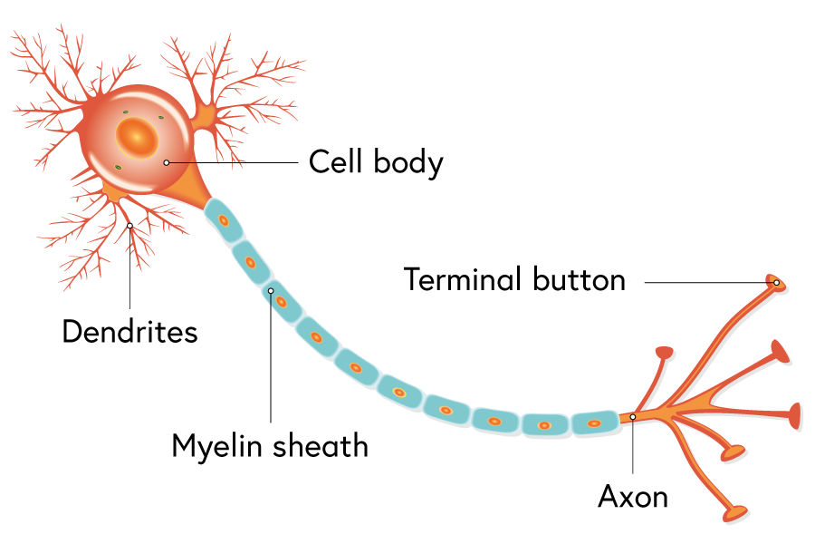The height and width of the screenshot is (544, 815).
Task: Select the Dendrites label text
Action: pos(129,331)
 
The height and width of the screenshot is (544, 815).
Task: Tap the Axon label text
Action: pos(633,497)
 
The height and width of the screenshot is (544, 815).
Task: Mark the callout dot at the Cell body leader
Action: pos(167,162)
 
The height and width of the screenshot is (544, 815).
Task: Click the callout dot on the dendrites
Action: pos(130,226)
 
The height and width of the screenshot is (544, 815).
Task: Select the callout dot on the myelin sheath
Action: pos(271,291)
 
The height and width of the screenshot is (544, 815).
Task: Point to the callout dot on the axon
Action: pos(633,417)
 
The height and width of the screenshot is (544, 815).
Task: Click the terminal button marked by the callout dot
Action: pos(776,283)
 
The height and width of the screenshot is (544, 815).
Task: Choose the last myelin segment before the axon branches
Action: pos(593,423)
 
